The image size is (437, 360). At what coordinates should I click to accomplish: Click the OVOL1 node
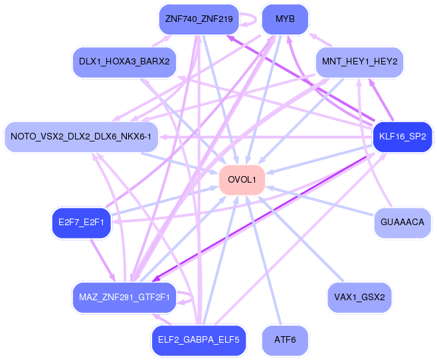point(242,180)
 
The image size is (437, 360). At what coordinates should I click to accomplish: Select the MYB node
point(285,19)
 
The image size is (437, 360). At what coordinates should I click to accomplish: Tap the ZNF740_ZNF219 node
point(199,19)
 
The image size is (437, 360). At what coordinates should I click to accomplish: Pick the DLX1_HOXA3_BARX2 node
point(124,62)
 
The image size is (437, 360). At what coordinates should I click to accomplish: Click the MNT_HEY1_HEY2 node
point(359,62)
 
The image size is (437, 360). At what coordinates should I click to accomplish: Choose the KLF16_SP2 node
point(402,137)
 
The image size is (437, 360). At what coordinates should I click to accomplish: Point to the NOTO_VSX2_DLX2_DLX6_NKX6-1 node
point(81,137)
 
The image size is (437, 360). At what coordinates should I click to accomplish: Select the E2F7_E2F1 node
point(81,223)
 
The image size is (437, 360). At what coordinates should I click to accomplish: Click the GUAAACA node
point(402,223)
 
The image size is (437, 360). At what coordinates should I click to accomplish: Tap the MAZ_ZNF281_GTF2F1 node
point(124,298)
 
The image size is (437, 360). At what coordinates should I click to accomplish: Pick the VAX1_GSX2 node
point(359,298)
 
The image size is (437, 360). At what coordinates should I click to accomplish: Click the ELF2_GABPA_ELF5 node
point(199,340)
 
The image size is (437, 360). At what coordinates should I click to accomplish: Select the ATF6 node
point(285,340)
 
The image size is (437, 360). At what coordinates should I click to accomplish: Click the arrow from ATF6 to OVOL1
point(264,260)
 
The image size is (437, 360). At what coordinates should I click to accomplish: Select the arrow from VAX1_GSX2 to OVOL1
point(301,239)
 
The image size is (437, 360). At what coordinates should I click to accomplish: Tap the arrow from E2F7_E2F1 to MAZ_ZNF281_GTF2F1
point(102,260)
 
